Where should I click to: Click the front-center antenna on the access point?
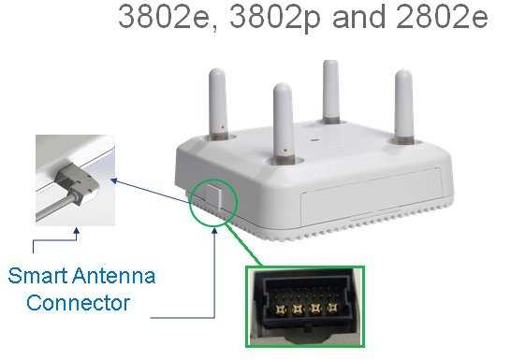(282, 117)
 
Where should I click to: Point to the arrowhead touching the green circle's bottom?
(217, 227)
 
